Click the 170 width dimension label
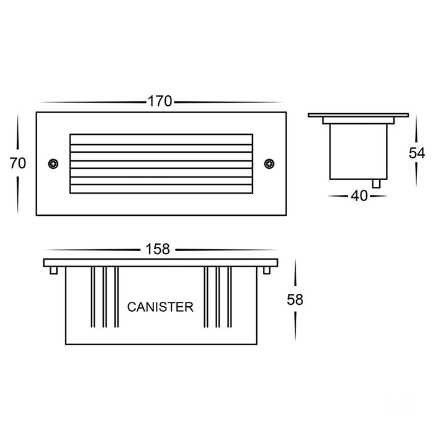pos(160,101)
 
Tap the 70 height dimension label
pos(18,163)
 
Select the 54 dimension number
pos(417,153)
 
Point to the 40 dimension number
pos(359,196)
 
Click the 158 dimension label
pos(158,249)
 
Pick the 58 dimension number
pos(295,299)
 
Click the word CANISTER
pos(160,307)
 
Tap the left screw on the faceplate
pos(53,164)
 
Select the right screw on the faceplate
pos(269,164)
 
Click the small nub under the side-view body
pos(376,184)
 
